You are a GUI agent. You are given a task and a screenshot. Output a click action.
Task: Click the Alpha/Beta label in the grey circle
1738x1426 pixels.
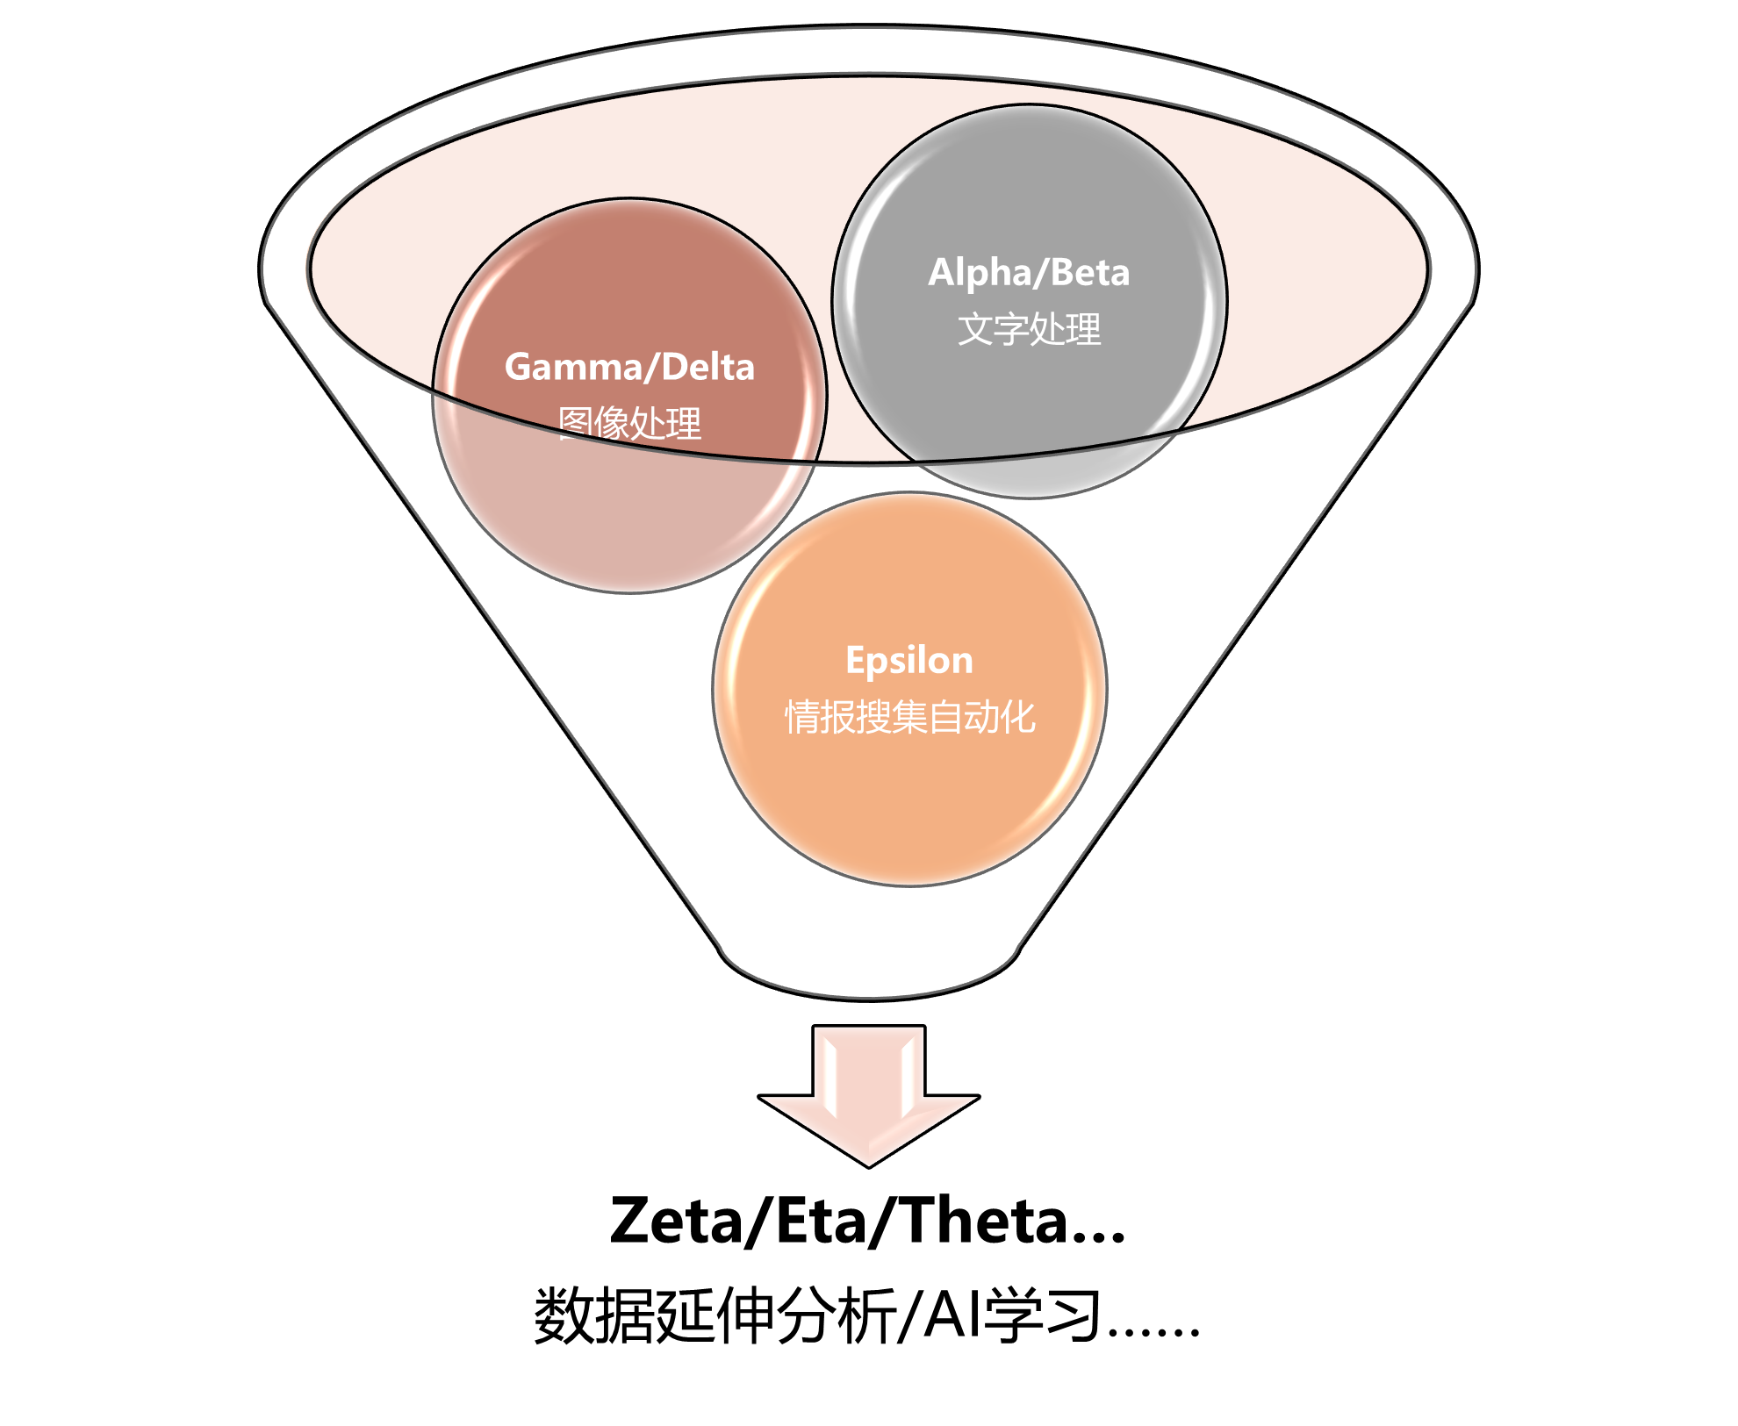click(x=1029, y=273)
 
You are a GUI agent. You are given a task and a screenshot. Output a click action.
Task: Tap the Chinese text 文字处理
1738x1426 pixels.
click(x=1029, y=329)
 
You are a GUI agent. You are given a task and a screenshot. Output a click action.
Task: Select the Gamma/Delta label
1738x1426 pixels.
click(x=629, y=368)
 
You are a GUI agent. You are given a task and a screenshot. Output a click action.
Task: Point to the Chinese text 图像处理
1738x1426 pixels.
click(x=629, y=423)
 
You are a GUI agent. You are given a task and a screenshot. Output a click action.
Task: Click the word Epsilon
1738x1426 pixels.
click(x=909, y=661)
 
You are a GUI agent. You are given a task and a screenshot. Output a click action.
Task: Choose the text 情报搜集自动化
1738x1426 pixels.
click(x=909, y=717)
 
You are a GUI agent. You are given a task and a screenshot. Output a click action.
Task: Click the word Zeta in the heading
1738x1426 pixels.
click(x=676, y=1221)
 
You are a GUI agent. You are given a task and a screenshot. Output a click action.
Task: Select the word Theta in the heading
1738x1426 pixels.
click(x=985, y=1221)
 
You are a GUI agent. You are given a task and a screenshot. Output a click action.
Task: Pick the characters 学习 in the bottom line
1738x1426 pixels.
click(x=1042, y=1315)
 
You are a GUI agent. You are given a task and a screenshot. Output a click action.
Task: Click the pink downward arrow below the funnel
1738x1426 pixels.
click(x=868, y=1096)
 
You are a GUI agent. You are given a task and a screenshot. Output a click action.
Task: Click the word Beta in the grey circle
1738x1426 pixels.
click(x=1090, y=273)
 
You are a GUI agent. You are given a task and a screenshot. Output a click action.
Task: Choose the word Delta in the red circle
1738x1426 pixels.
click(x=708, y=368)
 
